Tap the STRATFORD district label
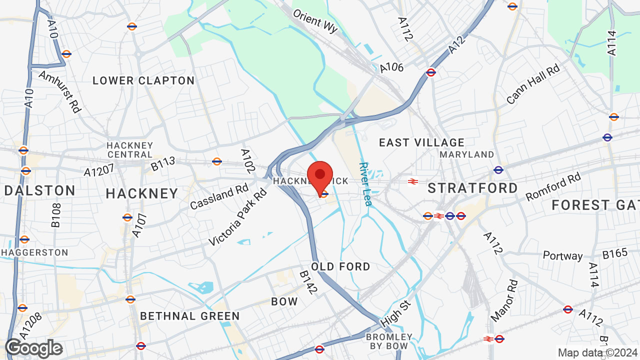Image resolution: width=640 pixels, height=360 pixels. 473,188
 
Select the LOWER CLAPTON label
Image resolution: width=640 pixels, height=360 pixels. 143,80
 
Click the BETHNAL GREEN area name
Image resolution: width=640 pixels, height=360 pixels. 190,316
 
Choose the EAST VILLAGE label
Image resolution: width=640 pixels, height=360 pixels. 421,143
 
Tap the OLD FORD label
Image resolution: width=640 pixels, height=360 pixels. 340,266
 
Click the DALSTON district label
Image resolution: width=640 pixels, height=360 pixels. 40,190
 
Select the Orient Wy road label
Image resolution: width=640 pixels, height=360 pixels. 315,21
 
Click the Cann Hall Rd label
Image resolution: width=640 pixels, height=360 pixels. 533,84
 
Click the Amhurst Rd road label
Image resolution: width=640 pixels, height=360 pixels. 59,91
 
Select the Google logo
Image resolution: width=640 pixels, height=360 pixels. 34,348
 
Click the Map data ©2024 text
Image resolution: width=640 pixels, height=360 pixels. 598,352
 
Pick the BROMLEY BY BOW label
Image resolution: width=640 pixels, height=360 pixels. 389,341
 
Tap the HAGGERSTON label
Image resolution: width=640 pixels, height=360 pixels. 34,252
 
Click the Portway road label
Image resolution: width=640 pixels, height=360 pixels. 563,256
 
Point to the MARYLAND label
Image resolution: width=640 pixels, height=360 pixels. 466,154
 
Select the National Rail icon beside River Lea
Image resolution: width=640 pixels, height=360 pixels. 413,181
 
